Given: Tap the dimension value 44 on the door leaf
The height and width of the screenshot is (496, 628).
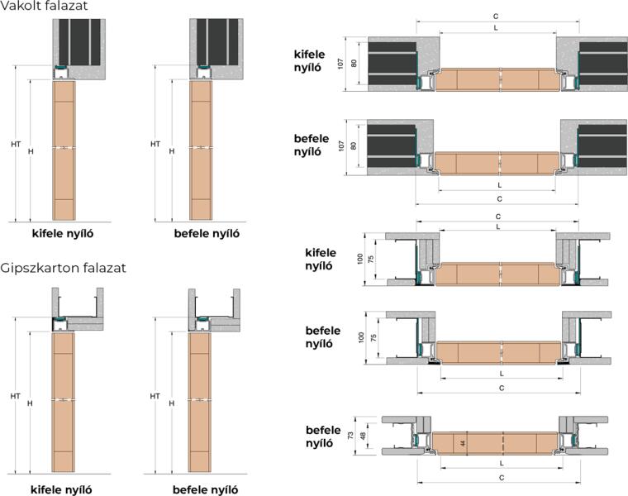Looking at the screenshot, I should [465, 444].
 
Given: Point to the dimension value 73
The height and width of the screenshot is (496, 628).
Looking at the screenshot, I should [352, 436].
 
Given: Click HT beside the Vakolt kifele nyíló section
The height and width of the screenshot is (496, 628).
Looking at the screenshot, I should [16, 144].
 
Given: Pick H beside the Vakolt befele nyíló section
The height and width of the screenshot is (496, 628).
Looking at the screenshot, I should [172, 151].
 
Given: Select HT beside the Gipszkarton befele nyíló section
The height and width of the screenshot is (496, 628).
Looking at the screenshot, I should [155, 396].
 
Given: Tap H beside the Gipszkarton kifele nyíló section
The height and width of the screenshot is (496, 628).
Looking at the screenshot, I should [31, 403].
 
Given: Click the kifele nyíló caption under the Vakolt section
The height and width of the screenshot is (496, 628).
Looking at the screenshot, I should [62, 233].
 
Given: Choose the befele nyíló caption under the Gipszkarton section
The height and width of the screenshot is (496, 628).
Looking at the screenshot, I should [206, 489].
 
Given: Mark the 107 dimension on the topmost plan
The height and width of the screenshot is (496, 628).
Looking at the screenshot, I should [340, 64].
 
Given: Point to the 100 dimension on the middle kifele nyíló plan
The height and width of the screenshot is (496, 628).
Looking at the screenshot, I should [360, 259].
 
